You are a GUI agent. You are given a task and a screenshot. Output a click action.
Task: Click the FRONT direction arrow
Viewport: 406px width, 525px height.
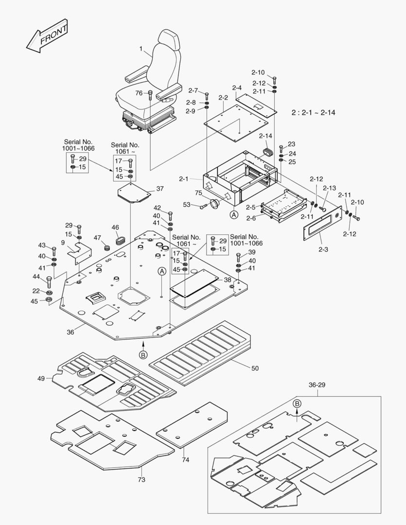(x=47, y=36)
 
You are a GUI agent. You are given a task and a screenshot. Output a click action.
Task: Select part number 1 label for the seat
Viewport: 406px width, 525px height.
(x=141, y=49)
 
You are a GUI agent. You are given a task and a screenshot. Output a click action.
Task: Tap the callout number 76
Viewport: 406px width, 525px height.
(x=139, y=93)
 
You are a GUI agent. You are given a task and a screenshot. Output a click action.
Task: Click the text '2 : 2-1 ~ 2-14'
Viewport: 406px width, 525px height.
(x=313, y=112)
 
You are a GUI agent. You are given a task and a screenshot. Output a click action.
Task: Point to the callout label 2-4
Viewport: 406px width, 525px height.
(x=237, y=88)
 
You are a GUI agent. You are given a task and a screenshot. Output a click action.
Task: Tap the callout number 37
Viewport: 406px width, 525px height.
(x=160, y=189)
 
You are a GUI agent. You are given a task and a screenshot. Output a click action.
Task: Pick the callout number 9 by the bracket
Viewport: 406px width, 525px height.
(x=63, y=243)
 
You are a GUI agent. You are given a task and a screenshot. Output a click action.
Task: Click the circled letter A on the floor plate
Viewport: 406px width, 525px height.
(x=161, y=272)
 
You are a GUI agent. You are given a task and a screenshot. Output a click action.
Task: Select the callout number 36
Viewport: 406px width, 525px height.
(x=71, y=332)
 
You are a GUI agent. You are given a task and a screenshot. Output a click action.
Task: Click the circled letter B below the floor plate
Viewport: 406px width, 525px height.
(x=143, y=355)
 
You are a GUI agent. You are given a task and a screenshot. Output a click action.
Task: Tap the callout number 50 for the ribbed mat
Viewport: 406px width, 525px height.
(x=255, y=368)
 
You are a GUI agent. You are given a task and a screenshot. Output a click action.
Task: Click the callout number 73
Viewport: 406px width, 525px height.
(x=141, y=480)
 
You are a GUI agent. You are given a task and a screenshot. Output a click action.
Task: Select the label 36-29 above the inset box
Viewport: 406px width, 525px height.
(x=317, y=385)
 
